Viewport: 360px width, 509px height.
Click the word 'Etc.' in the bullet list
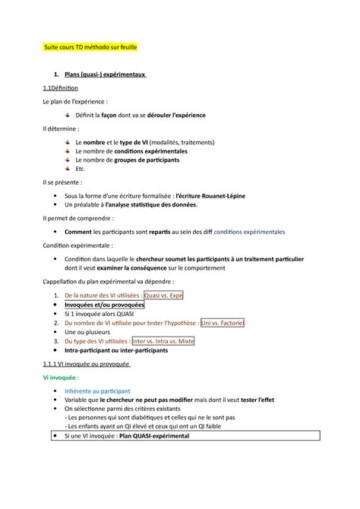click(82, 169)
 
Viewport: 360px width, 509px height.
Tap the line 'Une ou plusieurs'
click(93, 332)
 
